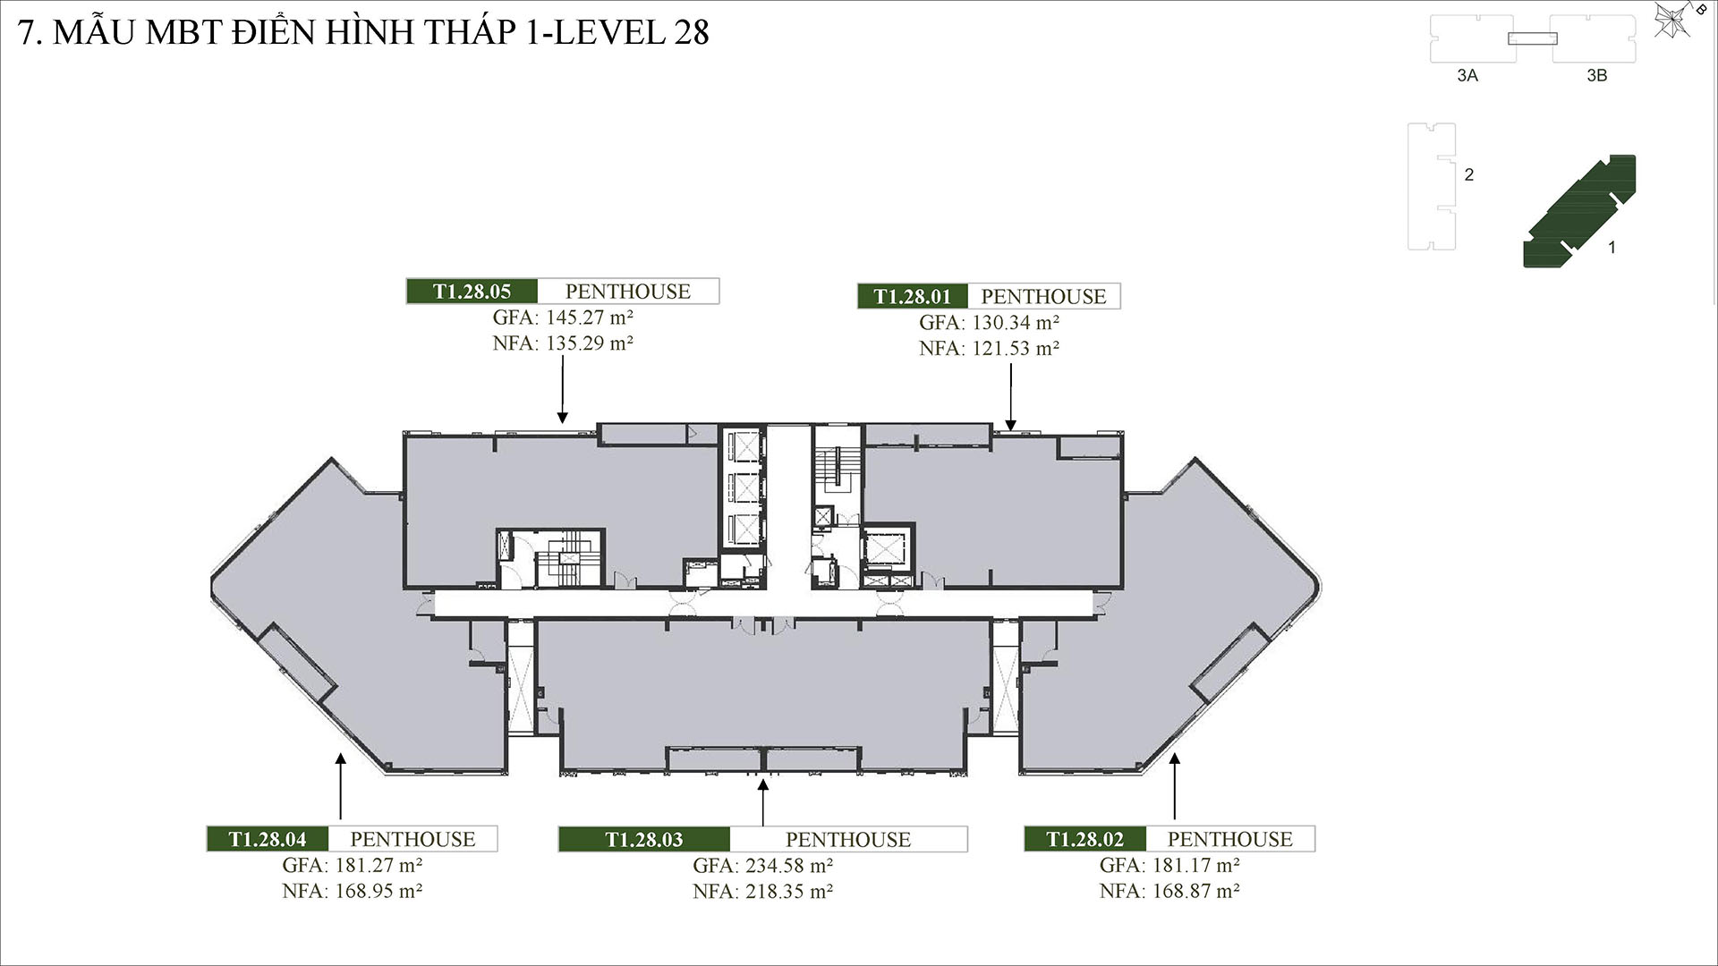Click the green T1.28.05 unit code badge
click(x=472, y=292)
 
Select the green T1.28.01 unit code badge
click(x=912, y=296)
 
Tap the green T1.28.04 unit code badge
click(x=267, y=839)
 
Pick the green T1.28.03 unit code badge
click(x=643, y=840)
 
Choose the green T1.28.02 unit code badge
click(x=1084, y=839)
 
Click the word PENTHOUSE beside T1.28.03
click(x=847, y=840)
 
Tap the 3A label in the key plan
click(x=1467, y=76)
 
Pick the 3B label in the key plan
click(x=1596, y=76)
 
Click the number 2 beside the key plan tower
click(x=1468, y=175)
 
